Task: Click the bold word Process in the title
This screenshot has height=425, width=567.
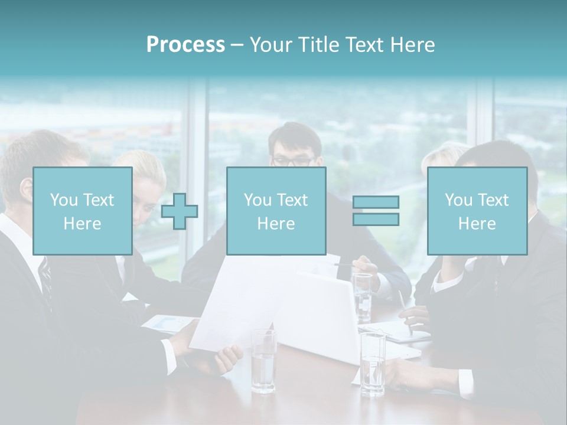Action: pyautogui.click(x=185, y=45)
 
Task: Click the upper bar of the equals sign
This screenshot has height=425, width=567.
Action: pyautogui.click(x=376, y=202)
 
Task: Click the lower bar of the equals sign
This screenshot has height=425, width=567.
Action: pyautogui.click(x=376, y=219)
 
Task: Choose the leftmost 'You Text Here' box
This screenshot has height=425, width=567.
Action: pyautogui.click(x=82, y=211)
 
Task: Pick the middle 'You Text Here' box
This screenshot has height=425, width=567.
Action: pyautogui.click(x=276, y=211)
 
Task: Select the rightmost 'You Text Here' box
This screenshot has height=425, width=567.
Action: pyautogui.click(x=477, y=211)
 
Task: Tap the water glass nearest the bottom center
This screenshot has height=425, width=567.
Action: pyautogui.click(x=263, y=361)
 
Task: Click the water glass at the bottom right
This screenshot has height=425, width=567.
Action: pyautogui.click(x=373, y=364)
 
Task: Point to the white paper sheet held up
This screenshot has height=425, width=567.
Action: pyautogui.click(x=236, y=307)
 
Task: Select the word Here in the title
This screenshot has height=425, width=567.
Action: pyautogui.click(x=413, y=45)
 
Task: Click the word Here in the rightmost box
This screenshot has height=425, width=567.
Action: pyautogui.click(x=477, y=224)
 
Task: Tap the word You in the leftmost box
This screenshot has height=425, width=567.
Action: pyautogui.click(x=63, y=200)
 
